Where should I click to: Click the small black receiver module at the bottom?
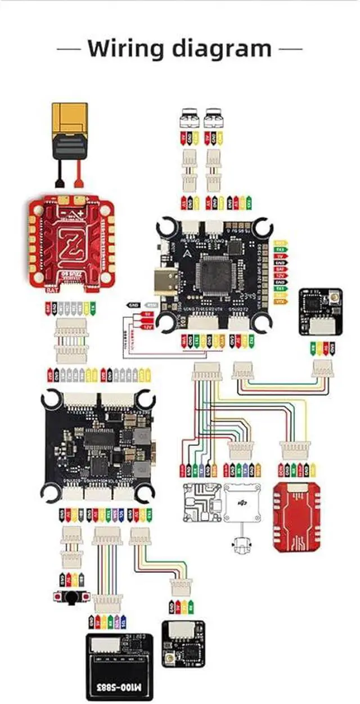[x=183, y=643]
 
